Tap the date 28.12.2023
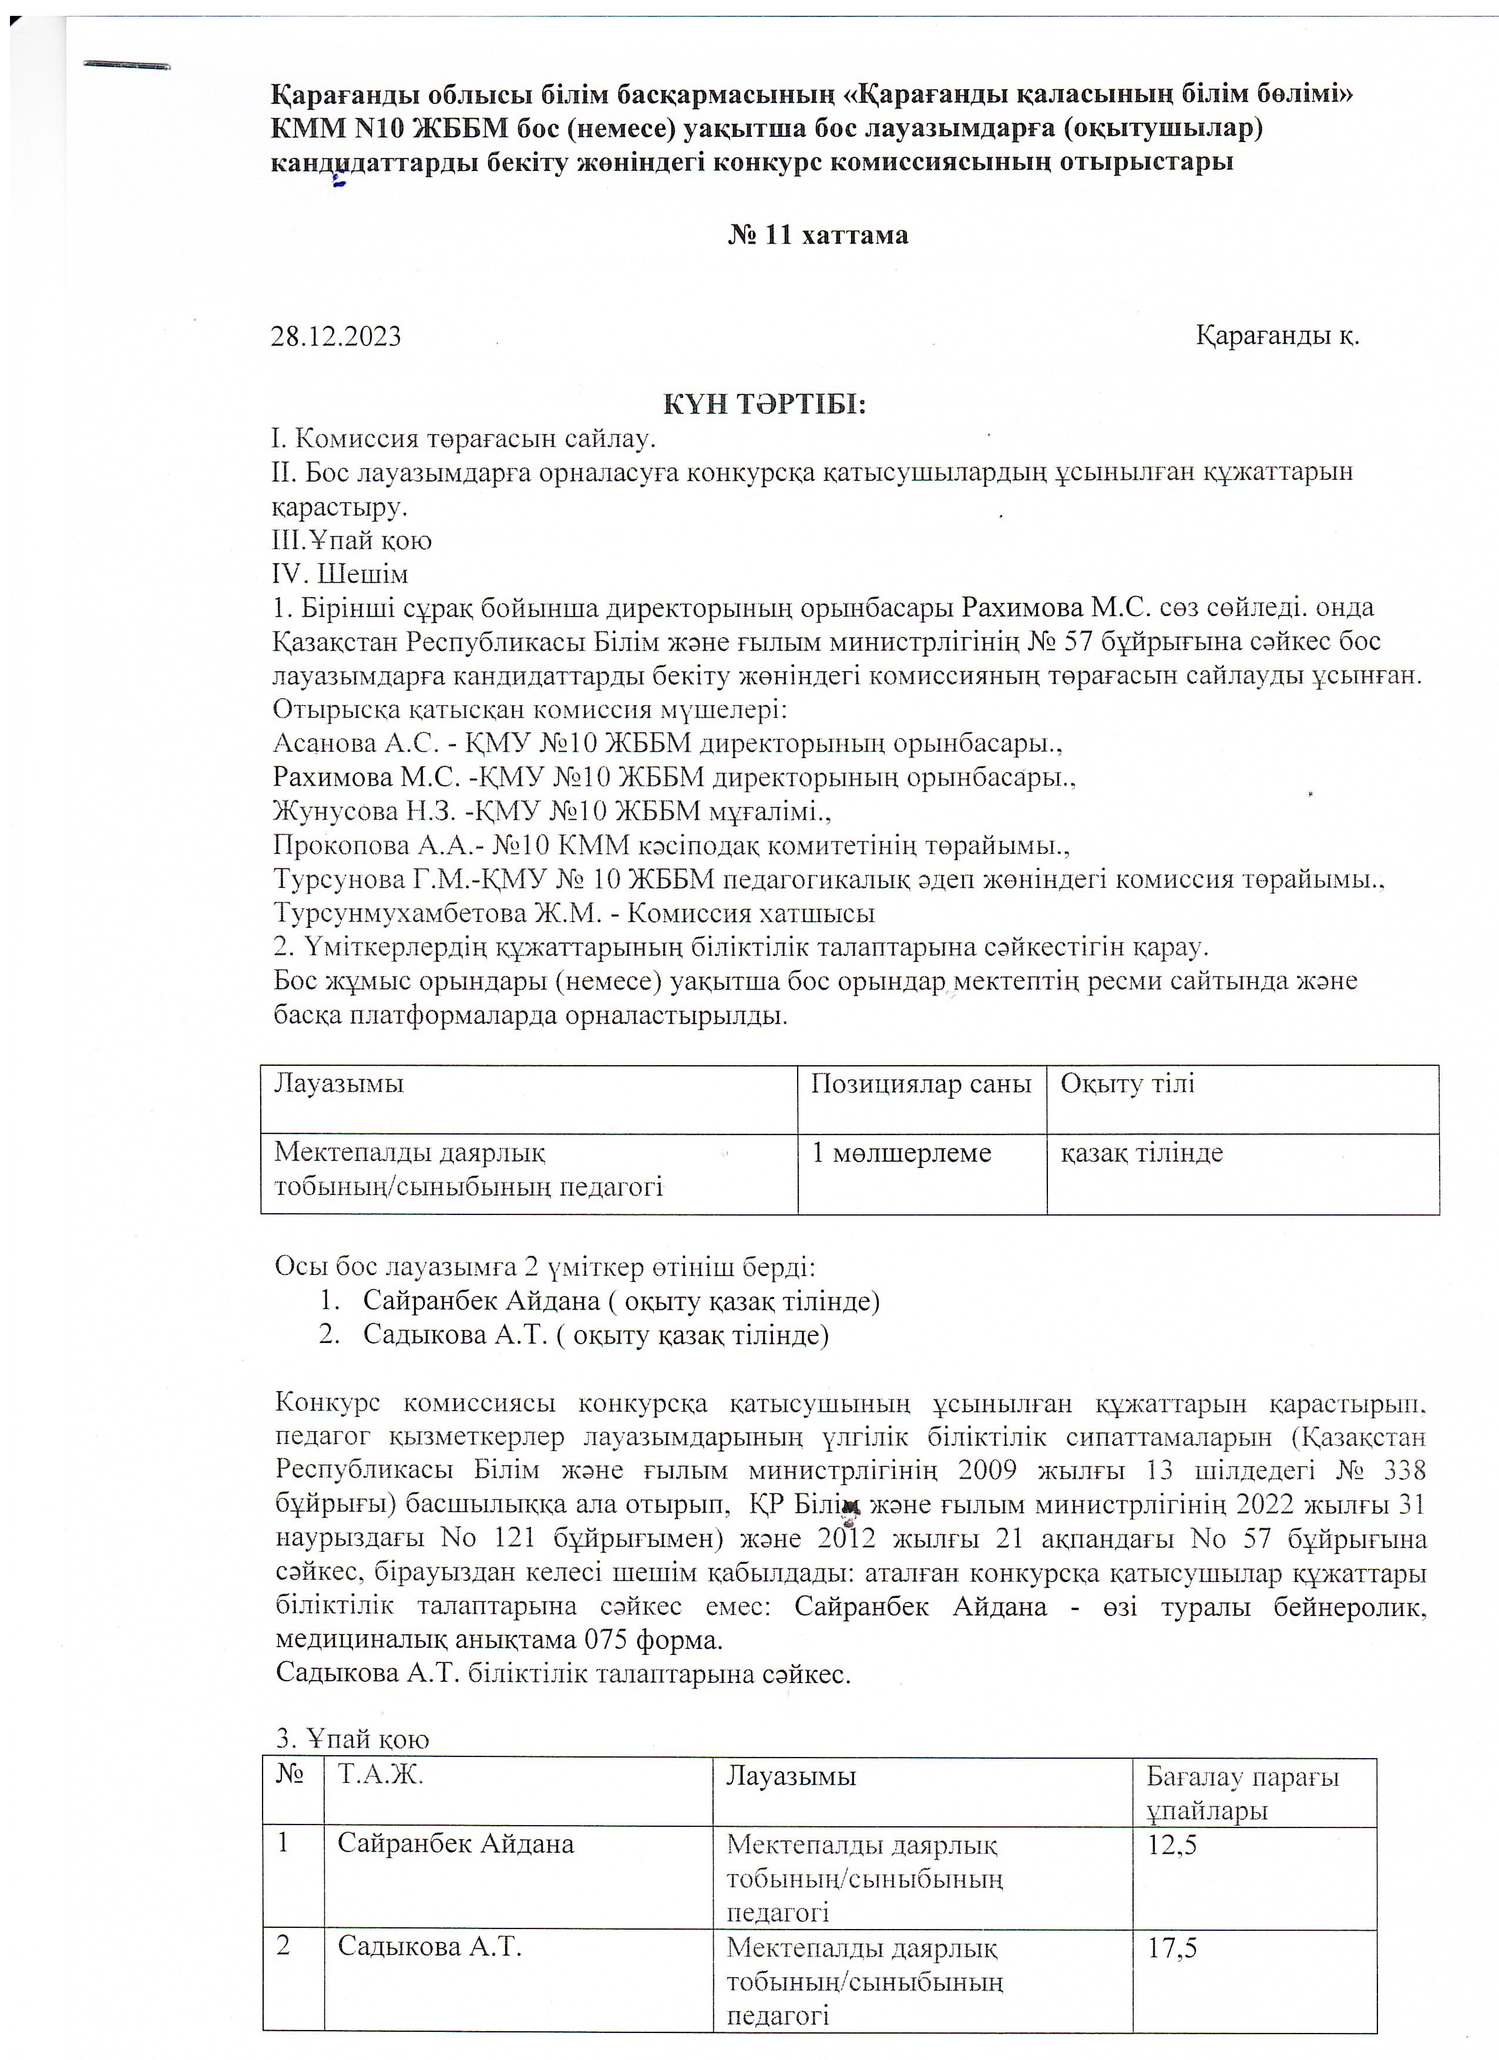pos(336,336)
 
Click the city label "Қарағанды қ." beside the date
pos(1276,335)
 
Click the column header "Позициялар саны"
pos(921,1083)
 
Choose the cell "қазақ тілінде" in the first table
pos(1142,1153)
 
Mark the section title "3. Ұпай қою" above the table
pos(352,1738)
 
